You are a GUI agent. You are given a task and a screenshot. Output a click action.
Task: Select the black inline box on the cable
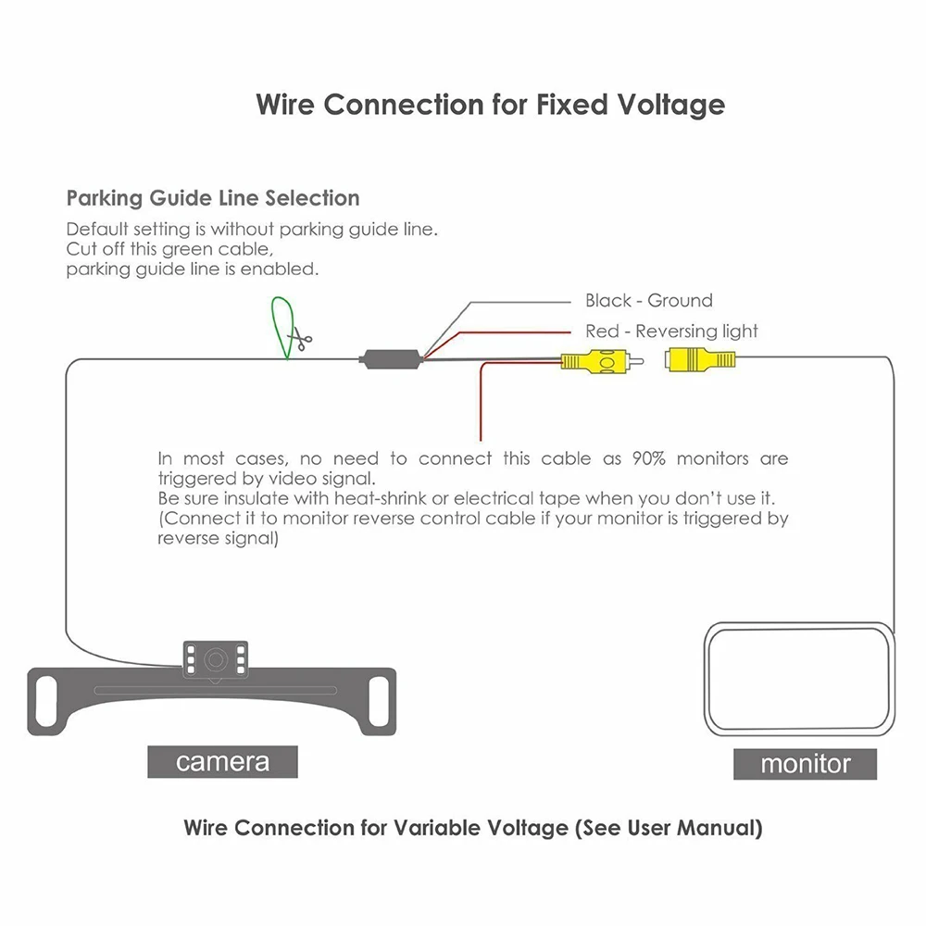(x=392, y=358)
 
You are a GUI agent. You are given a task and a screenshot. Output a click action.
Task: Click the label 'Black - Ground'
(x=648, y=300)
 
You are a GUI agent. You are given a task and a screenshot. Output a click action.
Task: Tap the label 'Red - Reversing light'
(x=671, y=331)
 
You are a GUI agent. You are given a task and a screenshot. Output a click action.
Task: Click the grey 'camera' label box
(x=222, y=762)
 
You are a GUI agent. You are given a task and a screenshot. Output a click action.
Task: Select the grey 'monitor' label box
(x=805, y=764)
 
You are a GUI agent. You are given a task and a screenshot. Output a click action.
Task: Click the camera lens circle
(x=214, y=660)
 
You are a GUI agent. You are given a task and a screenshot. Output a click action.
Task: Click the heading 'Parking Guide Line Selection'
(x=213, y=198)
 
